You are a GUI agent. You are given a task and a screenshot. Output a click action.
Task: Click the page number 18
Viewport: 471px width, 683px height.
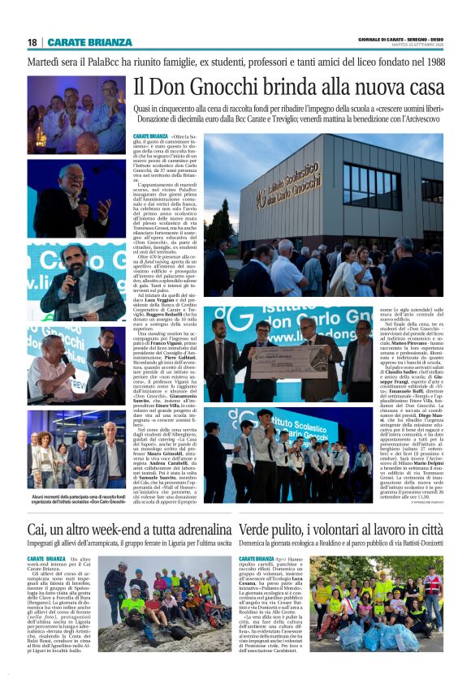click(32, 42)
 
